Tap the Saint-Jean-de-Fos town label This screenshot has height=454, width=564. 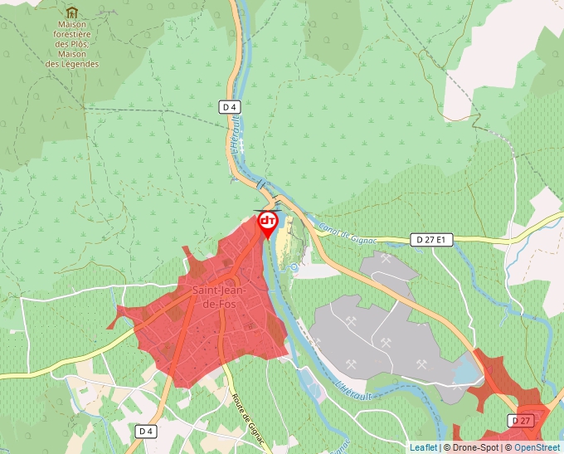217,297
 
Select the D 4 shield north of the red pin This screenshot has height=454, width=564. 230,107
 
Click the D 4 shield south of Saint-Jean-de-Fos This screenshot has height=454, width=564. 145,431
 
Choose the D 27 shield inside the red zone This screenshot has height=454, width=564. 521,421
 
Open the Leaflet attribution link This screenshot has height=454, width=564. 423,447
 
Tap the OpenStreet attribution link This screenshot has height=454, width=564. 537,447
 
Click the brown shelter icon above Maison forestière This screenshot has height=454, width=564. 72,12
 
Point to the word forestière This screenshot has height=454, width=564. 72,35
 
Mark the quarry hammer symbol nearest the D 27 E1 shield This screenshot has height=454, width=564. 387,258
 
